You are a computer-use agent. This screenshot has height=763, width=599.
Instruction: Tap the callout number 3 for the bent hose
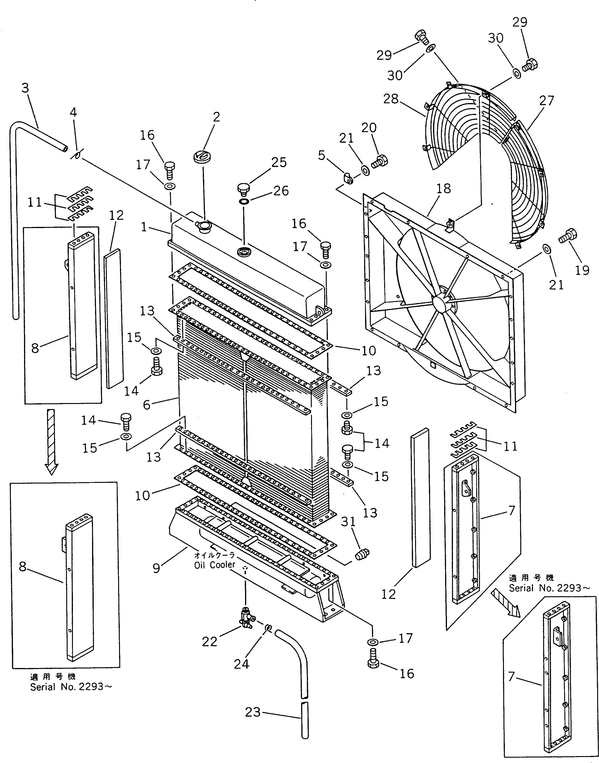coord(25,88)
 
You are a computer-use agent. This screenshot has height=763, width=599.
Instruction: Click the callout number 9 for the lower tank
coord(156,567)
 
